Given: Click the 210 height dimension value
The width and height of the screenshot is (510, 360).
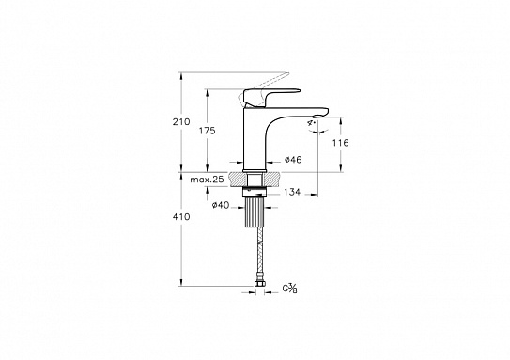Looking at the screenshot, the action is pyautogui.click(x=181, y=122).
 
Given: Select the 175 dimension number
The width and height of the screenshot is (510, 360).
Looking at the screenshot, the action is pyautogui.click(x=208, y=131).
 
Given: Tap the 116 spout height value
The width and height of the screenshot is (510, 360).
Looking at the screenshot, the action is pyautogui.click(x=341, y=143).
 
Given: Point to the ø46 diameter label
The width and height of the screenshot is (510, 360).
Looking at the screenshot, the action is pyautogui.click(x=293, y=160).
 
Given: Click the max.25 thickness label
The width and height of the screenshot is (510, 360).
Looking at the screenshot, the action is pyautogui.click(x=208, y=180).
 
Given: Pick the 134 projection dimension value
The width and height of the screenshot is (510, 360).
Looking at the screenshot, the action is pyautogui.click(x=292, y=192).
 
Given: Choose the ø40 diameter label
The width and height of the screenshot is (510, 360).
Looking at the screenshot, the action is pyautogui.click(x=221, y=205).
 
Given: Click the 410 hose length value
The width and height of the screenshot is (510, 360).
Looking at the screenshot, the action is pyautogui.click(x=181, y=216).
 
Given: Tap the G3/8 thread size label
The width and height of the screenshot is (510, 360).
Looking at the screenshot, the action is pyautogui.click(x=289, y=288).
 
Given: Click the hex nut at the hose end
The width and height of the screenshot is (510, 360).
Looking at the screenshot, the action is pyautogui.click(x=259, y=284).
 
